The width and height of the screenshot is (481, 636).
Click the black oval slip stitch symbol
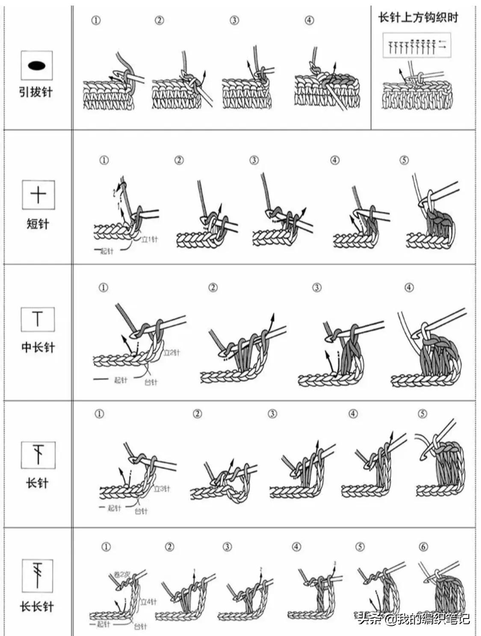point(36,65)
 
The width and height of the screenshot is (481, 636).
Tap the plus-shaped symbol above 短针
point(38,195)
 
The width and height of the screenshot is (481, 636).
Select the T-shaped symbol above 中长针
point(38,319)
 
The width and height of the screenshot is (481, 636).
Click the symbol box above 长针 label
point(38,455)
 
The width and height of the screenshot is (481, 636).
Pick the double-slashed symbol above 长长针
point(37,575)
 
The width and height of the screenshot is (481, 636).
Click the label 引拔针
point(36,92)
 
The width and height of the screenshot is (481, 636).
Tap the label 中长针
point(38,347)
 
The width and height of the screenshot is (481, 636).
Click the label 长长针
point(37,606)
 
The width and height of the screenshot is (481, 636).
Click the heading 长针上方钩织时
point(418,18)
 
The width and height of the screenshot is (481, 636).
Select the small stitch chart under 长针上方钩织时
point(417,45)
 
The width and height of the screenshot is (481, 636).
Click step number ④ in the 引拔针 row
point(310,20)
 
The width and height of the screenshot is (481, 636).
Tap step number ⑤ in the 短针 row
point(404,160)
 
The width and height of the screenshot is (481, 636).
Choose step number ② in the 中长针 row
point(213,288)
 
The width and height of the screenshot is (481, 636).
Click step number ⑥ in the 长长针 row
point(423,547)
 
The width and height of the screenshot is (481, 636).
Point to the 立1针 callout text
point(149,240)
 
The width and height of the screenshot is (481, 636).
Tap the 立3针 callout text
point(162,488)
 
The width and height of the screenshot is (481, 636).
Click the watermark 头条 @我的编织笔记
point(413,619)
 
